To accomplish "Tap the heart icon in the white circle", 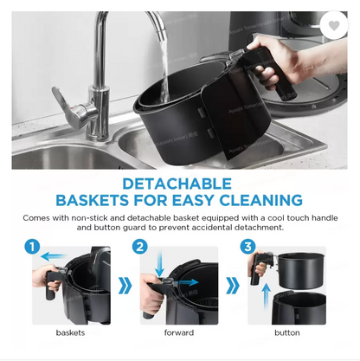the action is point(334,26).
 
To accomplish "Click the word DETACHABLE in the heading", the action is point(177,184).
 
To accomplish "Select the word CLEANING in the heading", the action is point(260,200).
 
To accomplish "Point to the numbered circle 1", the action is point(32,247).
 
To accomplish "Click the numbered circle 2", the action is point(140,247).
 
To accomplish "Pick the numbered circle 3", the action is point(247,247).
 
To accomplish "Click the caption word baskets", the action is point(70,332).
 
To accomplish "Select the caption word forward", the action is point(179,332).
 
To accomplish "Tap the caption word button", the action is point(287,332).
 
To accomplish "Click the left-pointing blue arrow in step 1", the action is point(54,256).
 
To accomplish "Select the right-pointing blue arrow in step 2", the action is point(187,282).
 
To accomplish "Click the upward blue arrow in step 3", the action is point(267,296).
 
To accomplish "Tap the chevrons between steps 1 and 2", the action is point(125,286).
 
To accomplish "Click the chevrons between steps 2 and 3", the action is point(233,286).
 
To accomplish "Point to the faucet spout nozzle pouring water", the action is point(163,35).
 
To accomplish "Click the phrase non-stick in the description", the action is point(89,218).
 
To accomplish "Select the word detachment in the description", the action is point(259,228).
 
